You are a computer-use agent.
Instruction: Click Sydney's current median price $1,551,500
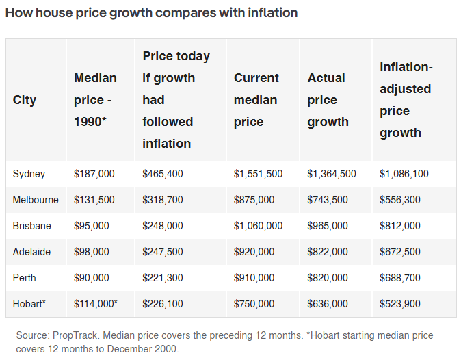point(258,174)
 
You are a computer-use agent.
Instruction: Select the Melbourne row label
point(36,200)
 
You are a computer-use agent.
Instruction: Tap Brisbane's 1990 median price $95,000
point(91,226)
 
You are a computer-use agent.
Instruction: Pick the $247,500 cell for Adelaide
point(163,252)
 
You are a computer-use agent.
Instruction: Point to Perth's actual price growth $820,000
point(328,278)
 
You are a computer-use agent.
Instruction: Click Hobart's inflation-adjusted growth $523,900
point(400,303)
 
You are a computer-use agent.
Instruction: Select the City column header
point(25,100)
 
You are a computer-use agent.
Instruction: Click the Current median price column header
point(256,100)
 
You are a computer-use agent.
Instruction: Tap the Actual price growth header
point(328,100)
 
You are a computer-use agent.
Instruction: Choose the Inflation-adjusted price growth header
point(406,100)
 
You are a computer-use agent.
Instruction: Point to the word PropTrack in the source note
point(75,335)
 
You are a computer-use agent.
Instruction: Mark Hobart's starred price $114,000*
point(96,303)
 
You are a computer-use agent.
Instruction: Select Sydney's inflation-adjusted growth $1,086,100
point(404,174)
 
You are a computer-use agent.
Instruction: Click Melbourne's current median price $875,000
point(254,200)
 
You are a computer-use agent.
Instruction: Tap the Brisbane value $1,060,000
point(258,226)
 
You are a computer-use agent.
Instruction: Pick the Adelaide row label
point(31,252)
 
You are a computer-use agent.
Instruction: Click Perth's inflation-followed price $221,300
point(163,278)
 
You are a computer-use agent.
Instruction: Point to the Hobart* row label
point(29,303)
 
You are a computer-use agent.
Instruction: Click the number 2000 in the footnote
point(166,349)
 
